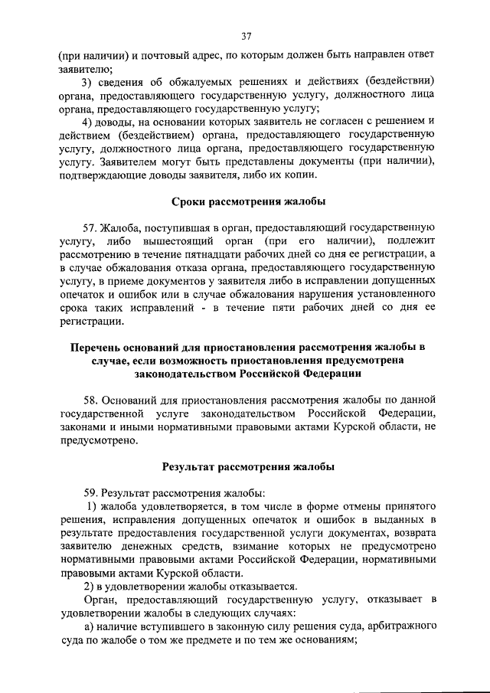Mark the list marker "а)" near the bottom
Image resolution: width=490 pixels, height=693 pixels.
pyautogui.click(x=88, y=628)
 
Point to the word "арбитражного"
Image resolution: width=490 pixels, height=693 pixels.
pyautogui.click(x=403, y=628)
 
